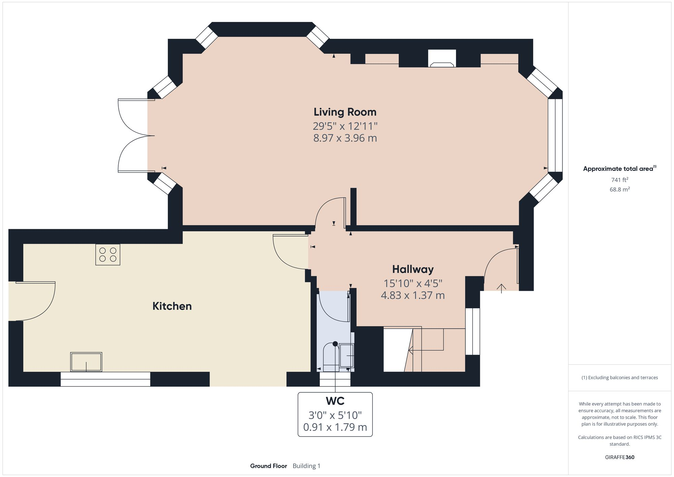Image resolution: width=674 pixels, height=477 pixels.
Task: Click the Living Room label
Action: (345, 112)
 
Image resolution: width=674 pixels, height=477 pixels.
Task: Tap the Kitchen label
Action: (172, 306)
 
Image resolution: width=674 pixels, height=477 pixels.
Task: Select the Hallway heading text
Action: (412, 269)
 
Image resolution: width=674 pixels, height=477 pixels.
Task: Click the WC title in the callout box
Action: (335, 401)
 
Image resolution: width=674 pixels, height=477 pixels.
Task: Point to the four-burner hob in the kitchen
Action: (108, 255)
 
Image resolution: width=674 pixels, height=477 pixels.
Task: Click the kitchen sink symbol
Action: (86, 362)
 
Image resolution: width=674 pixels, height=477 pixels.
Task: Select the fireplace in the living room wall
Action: (442, 59)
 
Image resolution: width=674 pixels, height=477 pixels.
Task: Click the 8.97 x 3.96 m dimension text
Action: (345, 138)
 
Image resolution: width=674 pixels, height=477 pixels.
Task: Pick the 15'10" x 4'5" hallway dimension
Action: (412, 284)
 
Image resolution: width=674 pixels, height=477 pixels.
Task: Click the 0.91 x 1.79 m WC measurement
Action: (335, 427)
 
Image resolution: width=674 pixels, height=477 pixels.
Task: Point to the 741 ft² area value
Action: (619, 180)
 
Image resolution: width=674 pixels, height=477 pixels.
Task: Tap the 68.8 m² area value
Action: (619, 189)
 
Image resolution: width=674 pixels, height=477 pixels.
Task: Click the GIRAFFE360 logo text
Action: (619, 457)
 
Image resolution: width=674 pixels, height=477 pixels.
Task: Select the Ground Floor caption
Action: (268, 466)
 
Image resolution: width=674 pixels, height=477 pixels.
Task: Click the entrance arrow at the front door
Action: (501, 288)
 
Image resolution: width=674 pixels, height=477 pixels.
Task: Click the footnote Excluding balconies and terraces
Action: (619, 378)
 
